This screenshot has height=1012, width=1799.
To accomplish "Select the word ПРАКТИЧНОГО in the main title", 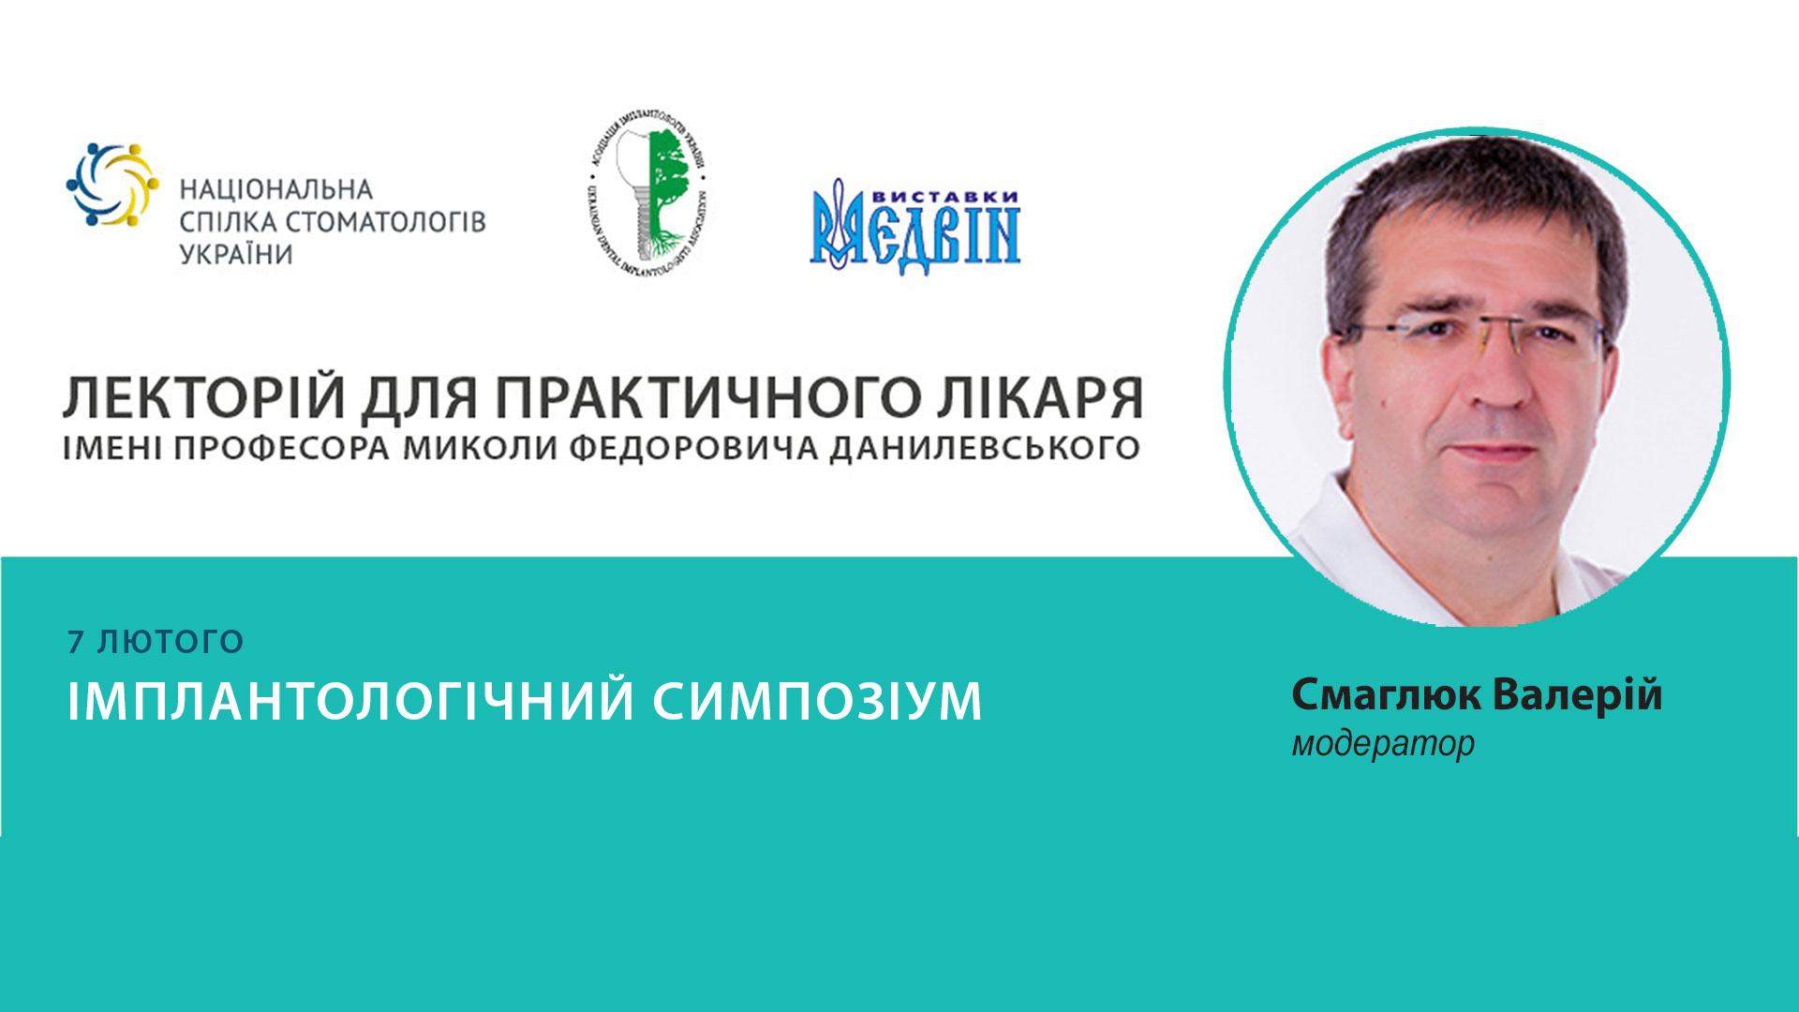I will click(x=707, y=397).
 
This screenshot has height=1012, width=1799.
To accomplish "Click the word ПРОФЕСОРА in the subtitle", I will click(x=281, y=448).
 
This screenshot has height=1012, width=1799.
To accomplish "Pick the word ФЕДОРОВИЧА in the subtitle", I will click(x=693, y=448).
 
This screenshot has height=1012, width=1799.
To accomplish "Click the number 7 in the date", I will click(x=76, y=642).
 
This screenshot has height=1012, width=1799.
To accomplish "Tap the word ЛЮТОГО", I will click(x=171, y=642).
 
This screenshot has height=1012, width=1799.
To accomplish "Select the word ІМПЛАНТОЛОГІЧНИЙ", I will click(x=351, y=701).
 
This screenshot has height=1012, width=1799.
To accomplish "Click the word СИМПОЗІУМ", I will click(x=817, y=701).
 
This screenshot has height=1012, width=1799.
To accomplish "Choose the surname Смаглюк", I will click(x=1386, y=695).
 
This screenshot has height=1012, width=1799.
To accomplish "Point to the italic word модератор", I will click(x=1383, y=744).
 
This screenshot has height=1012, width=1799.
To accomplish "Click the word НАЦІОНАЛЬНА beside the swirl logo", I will click(x=276, y=190).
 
